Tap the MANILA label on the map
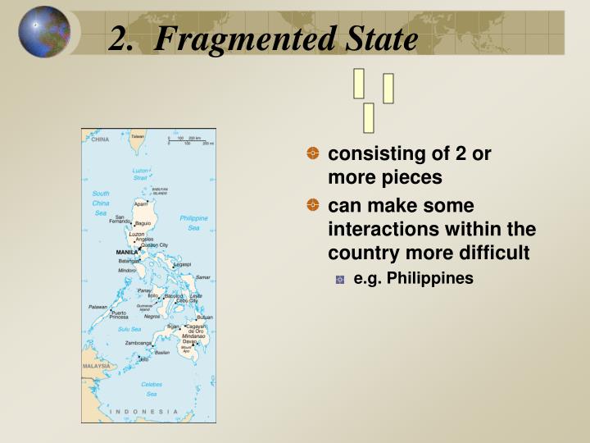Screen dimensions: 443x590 (x=126, y=252)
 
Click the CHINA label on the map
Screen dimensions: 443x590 (x=99, y=139)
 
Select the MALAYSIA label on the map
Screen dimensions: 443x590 (x=96, y=366)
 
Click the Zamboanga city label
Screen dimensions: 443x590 (x=138, y=344)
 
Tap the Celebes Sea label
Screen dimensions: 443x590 (x=152, y=388)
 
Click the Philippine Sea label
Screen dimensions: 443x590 (x=193, y=222)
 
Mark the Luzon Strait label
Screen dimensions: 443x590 (x=141, y=174)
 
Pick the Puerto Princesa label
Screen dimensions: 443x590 (x=119, y=313)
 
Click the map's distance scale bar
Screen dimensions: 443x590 (x=190, y=141)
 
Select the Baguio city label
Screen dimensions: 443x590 (x=143, y=223)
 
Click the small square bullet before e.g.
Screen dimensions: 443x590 (x=340, y=279)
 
